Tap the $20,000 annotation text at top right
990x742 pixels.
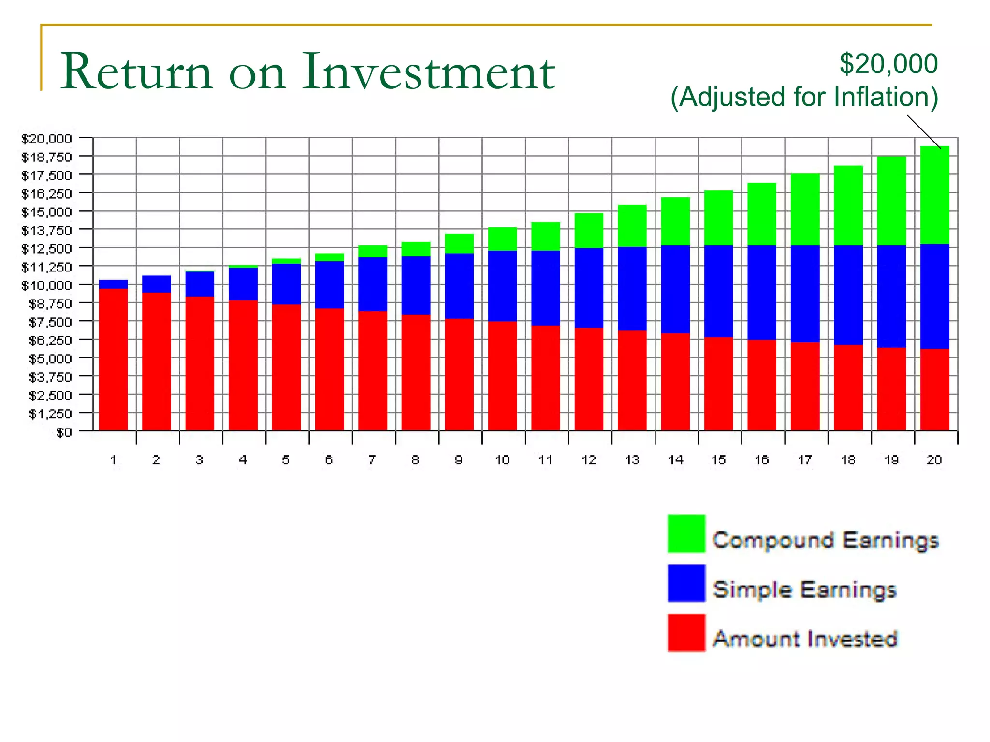pos(888,64)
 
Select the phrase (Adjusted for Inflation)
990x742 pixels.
pos(804,97)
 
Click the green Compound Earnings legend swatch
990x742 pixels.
pos(686,534)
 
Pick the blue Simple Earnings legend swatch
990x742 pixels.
pos(686,583)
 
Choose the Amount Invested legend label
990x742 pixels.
pos(805,639)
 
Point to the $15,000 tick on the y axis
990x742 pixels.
pos(46,212)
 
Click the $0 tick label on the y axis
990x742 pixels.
pos(64,432)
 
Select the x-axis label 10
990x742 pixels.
pos(502,460)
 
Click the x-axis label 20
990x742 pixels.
pos(934,460)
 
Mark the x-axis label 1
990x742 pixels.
pos(113,460)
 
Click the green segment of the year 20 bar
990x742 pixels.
pos(934,196)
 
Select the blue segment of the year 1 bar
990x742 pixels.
pos(113,284)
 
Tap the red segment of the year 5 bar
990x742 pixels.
pos(286,367)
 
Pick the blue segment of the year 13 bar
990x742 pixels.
pos(632,289)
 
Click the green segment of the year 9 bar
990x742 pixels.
pos(459,243)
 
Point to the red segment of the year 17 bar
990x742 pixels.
pos(805,386)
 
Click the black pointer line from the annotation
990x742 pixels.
pos(923,131)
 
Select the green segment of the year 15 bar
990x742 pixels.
pos(718,218)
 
